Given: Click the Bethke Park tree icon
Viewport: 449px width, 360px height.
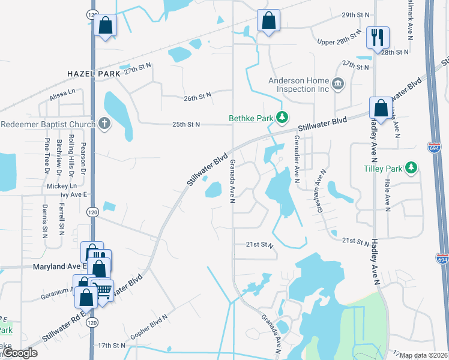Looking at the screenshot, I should coord(281,118).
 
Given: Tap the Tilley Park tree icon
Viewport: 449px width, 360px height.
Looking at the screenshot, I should coord(411,167).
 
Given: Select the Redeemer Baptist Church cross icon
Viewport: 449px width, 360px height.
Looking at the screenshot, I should coord(104,124).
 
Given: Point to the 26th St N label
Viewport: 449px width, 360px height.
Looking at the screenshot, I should coord(198,96).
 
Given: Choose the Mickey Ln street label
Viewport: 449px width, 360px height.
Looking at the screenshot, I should coord(61,186).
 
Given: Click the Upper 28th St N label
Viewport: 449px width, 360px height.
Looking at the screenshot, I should coord(339,40).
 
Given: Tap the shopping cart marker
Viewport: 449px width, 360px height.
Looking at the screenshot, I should coord(104,290).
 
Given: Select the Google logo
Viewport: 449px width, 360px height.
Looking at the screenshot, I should coord(20,353).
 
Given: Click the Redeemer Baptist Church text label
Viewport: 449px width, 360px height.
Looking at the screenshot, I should coord(48,124).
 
